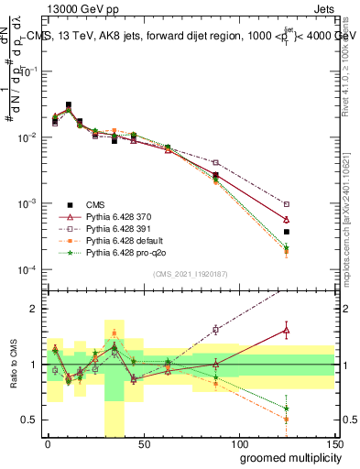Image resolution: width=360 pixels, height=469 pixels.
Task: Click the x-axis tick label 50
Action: coord(143,442)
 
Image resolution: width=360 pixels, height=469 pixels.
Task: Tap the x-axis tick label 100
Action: coord(238,442)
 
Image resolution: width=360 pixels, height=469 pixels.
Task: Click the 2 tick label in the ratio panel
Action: coord(35,310)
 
